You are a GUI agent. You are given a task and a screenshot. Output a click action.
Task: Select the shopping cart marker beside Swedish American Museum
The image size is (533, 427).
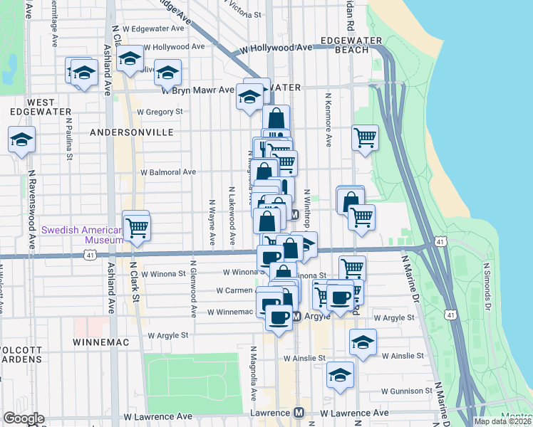136,228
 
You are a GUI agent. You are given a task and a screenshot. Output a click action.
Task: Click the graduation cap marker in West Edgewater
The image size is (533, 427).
21,139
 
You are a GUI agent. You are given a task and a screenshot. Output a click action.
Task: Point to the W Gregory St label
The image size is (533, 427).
160,112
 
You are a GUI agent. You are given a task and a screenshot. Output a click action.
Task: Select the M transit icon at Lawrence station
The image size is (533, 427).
299,413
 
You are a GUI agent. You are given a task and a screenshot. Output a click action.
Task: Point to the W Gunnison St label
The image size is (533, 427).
407,391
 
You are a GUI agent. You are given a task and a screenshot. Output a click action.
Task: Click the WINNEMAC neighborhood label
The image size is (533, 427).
100,342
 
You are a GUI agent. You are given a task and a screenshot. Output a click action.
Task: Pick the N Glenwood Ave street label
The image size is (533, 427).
193,292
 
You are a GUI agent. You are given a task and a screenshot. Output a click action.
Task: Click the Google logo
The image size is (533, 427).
24,418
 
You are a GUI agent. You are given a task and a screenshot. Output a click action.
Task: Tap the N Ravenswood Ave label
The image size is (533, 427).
32,215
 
